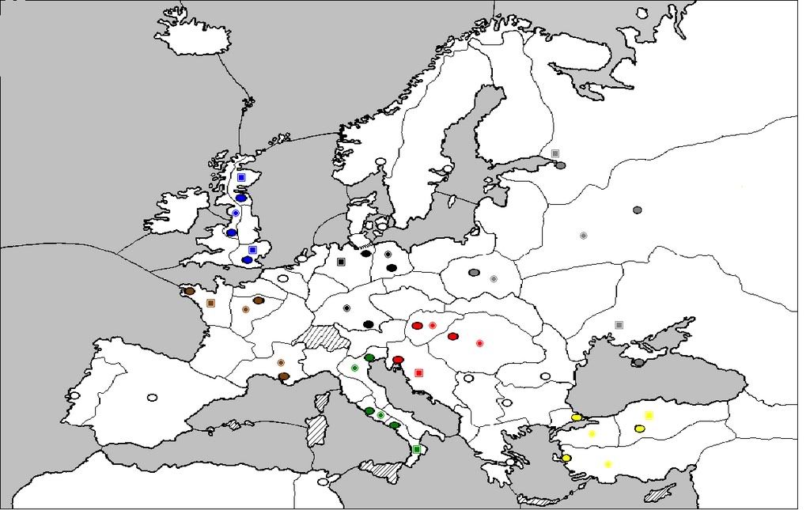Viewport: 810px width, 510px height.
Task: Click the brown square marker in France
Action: (x=210, y=303)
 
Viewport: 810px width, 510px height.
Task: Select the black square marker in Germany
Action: (x=341, y=262)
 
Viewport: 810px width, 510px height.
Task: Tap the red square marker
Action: (x=419, y=372)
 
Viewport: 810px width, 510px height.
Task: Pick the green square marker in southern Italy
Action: (x=417, y=449)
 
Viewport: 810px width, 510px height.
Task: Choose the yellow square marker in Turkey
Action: (x=649, y=415)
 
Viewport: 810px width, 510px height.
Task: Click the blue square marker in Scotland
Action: (x=241, y=178)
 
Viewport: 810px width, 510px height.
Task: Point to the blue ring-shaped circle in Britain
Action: (x=235, y=213)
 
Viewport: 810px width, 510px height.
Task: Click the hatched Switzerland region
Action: (x=323, y=338)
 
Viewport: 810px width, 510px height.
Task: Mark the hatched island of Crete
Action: (x=541, y=501)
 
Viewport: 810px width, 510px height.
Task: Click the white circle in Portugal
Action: (x=74, y=395)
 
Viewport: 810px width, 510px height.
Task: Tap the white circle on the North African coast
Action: (x=323, y=481)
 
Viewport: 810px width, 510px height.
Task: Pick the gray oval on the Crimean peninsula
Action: (x=638, y=363)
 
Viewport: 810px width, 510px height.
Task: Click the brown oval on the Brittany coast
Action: (x=190, y=291)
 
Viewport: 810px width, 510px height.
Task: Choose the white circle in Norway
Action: (x=381, y=162)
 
